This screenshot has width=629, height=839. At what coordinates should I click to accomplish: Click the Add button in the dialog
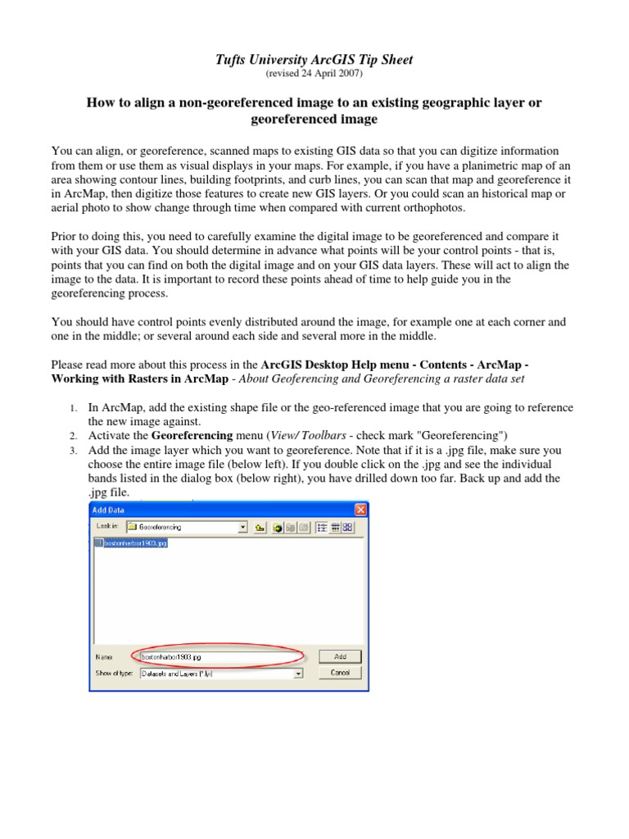[340, 656]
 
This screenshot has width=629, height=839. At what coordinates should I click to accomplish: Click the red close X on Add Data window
[359, 510]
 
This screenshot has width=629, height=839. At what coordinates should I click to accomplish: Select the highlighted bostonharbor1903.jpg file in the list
[135, 542]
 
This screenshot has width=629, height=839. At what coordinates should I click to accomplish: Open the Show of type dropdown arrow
[298, 673]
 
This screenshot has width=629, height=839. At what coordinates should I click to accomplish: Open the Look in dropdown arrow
[242, 528]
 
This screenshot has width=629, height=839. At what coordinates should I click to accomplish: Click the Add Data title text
[109, 510]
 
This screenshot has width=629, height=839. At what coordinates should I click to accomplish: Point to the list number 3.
[72, 451]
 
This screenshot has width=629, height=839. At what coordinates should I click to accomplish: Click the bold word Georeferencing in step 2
[191, 435]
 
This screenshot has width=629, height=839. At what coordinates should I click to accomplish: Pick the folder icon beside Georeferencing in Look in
[132, 528]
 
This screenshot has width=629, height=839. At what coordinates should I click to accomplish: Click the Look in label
[108, 528]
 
